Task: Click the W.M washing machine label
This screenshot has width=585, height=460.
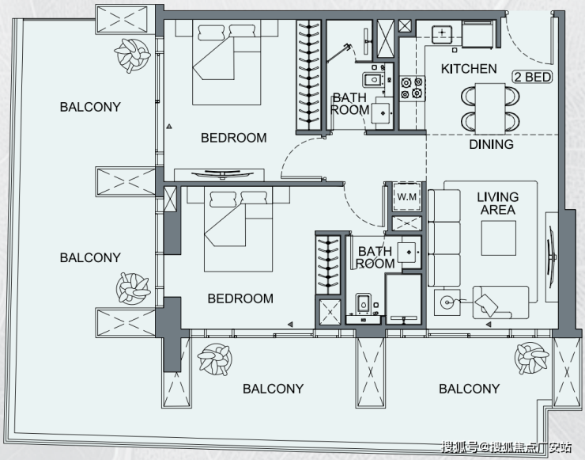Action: pos(406,196)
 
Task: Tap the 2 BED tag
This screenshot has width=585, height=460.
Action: pos(532,77)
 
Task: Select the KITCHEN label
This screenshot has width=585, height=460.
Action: pos(469,69)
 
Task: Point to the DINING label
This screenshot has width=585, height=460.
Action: pos(491,144)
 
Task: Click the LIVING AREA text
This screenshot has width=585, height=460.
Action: pos(498,203)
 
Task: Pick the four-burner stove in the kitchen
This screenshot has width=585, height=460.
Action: pos(412,88)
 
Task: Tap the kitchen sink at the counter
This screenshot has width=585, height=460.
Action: pos(442,34)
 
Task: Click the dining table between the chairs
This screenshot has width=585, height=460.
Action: pos(490,108)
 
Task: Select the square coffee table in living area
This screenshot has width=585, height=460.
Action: pos(499,238)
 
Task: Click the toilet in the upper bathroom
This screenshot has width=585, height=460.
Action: pos(373,80)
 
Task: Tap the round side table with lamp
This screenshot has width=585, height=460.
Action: pos(447,302)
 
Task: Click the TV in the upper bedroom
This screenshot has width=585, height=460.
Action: pos(222,173)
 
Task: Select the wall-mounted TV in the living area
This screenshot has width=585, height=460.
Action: pos(552,257)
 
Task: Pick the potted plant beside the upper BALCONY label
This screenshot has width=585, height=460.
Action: pos(132,55)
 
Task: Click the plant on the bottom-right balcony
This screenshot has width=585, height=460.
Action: pos(532,359)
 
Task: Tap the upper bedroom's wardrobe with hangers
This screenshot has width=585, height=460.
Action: pos(309,75)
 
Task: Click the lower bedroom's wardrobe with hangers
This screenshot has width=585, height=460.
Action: pos(328,264)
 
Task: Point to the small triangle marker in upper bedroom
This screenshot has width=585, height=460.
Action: pos(169,127)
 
